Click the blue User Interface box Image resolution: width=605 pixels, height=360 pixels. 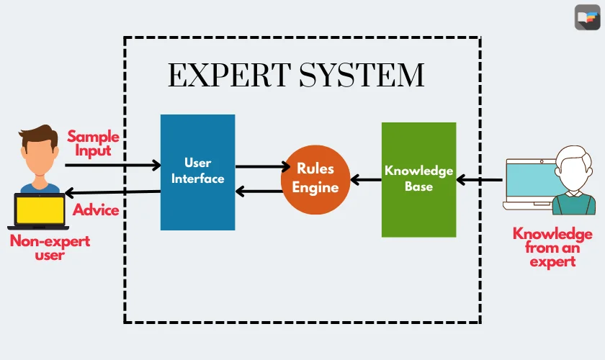click(197, 172)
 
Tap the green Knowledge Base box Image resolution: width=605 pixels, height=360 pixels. click(418, 179)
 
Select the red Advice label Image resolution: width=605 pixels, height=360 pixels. click(96, 211)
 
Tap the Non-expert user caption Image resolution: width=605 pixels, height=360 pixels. click(50, 248)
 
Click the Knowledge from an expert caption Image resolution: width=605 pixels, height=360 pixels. click(552, 247)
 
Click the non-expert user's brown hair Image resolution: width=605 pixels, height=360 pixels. click(39, 134)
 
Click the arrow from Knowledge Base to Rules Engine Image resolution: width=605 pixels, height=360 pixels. click(366, 179)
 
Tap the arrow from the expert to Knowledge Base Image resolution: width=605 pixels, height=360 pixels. click(480, 179)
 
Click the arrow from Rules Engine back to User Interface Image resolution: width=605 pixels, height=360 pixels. click(259, 191)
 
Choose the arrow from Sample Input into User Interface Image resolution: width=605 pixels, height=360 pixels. click(112, 166)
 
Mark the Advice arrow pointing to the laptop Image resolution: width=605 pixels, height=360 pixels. click(112, 192)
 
